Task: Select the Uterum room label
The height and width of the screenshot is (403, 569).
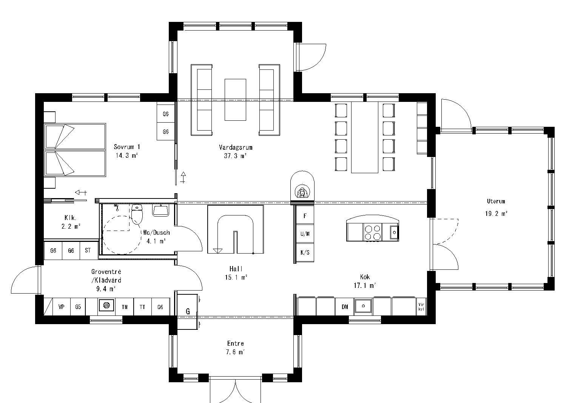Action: pos(496,201)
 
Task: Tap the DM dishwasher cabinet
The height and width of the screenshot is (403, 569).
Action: pos(345,307)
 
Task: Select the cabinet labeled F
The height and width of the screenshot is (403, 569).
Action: pos(305,216)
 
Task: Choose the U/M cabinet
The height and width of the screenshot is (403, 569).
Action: pos(305,234)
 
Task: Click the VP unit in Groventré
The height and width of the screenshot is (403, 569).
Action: pos(61,307)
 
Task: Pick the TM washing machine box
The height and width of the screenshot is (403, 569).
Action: pos(125,307)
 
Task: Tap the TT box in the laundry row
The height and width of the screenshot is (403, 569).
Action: pos(142,307)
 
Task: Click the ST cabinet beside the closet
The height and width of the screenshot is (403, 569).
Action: pos(88,251)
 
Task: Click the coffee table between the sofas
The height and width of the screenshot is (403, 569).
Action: pos(235,100)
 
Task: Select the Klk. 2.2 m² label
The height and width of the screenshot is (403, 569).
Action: pos(71,222)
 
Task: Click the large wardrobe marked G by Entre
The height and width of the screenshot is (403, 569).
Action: pos(188,311)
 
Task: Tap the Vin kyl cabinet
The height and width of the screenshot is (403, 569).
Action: pos(421,306)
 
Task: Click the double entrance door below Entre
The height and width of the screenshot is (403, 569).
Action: pos(235,391)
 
